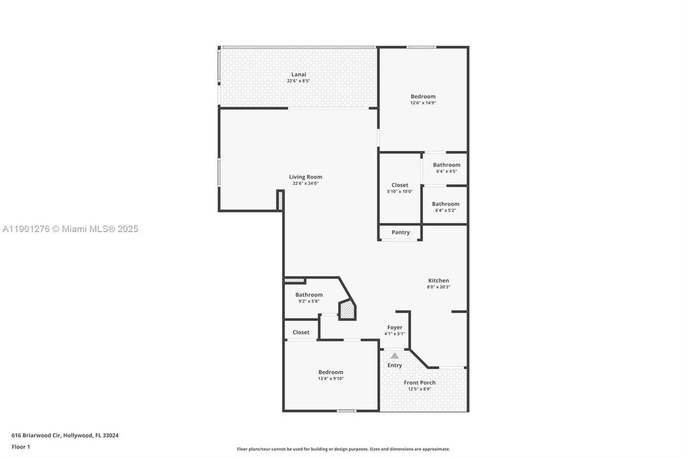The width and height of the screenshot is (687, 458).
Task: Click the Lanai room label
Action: (x=298, y=74)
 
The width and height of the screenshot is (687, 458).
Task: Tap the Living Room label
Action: (x=305, y=177)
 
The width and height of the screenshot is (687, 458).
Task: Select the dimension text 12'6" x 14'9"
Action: (x=423, y=102)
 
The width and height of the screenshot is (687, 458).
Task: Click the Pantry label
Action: (x=400, y=232)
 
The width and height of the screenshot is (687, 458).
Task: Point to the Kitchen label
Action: (x=438, y=281)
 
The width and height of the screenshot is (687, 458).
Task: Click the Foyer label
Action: (x=394, y=328)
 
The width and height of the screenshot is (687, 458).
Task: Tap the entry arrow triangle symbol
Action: (x=395, y=356)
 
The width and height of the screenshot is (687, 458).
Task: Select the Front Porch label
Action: (x=419, y=382)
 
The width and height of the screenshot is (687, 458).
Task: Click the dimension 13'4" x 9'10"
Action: (x=330, y=378)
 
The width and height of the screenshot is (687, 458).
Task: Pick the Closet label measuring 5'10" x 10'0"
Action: (x=400, y=185)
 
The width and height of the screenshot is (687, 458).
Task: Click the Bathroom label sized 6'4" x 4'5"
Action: (x=446, y=165)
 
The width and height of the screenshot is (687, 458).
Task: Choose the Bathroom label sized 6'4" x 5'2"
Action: (x=446, y=204)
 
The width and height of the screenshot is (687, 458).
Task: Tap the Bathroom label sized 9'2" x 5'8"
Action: (x=309, y=295)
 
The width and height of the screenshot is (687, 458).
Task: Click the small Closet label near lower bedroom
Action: (x=301, y=332)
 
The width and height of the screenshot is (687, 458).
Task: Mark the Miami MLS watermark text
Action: (x=70, y=229)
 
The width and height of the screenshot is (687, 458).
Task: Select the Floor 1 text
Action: (x=20, y=447)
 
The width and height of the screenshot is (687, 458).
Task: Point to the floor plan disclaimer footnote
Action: (x=343, y=449)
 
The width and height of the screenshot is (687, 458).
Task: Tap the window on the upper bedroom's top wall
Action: (x=421, y=47)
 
